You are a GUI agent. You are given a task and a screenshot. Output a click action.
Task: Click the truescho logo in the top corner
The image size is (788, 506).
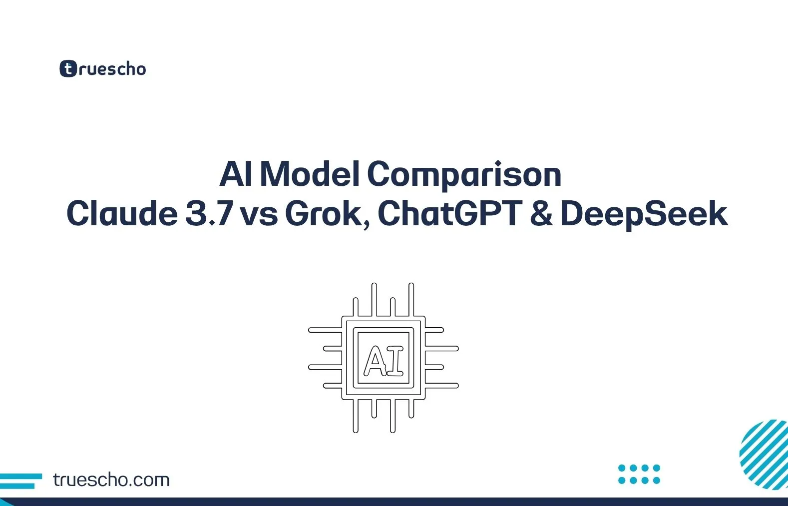coord(103,69)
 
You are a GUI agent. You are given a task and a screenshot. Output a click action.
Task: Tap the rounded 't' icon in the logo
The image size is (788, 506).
coord(68,69)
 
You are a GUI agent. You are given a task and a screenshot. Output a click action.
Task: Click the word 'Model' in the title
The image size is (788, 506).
coord(310,174)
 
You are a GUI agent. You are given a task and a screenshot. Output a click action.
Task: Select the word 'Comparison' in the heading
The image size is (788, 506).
coord(464,175)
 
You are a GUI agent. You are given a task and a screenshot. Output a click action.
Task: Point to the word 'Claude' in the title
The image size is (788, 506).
coord(122,214)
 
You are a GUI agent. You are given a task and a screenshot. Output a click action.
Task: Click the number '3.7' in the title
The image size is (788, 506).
coord(209,214)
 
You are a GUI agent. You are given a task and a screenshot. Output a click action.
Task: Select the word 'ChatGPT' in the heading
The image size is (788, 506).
coord(450,214)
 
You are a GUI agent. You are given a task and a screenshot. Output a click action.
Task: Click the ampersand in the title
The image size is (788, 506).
coord(541,214)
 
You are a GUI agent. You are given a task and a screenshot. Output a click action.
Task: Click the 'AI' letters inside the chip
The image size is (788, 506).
coord(384,360)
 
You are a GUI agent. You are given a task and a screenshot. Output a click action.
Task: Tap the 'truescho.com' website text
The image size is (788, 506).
coord(111,480)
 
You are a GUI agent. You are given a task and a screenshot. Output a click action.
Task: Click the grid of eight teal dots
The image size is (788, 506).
coord(639,474)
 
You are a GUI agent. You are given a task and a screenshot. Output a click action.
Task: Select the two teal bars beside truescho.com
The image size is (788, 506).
coord(20,481)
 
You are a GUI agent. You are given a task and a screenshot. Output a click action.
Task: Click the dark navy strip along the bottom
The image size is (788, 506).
coord(394,502)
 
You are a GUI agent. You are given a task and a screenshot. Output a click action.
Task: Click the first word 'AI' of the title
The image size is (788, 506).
coord(235,174)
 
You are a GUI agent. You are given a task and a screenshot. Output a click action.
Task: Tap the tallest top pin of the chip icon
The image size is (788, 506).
coord(374,299)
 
